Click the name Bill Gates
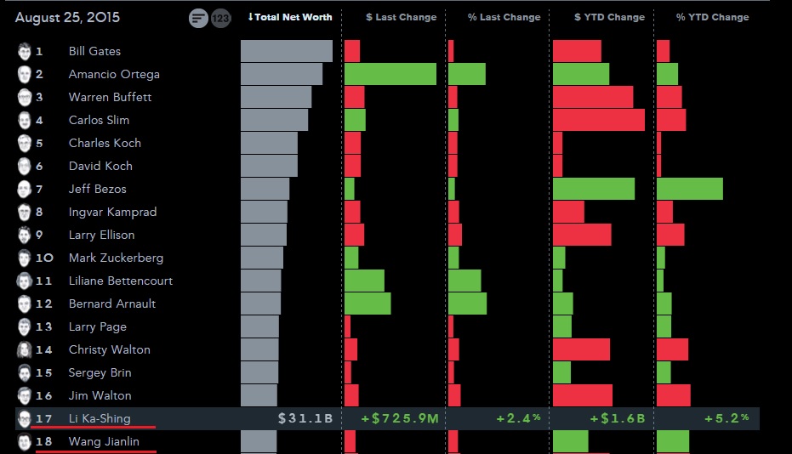point(94,51)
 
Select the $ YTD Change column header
point(603,17)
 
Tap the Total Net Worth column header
point(290,17)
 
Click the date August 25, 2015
point(67,17)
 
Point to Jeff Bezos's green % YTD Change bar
point(689,189)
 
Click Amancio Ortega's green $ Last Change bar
point(390,74)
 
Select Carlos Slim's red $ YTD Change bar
point(598,120)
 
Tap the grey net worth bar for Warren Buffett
point(276,97)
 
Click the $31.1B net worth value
point(305,418)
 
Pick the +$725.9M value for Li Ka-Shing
point(399,418)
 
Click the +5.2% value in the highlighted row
point(726,418)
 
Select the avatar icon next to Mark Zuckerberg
point(25,258)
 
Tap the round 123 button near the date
point(220,18)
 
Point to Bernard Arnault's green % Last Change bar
point(467,304)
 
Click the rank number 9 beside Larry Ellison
point(39,235)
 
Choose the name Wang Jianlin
point(104,441)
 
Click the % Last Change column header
point(504,17)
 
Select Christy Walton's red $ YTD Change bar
point(581,349)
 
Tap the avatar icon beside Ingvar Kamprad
point(25,212)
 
